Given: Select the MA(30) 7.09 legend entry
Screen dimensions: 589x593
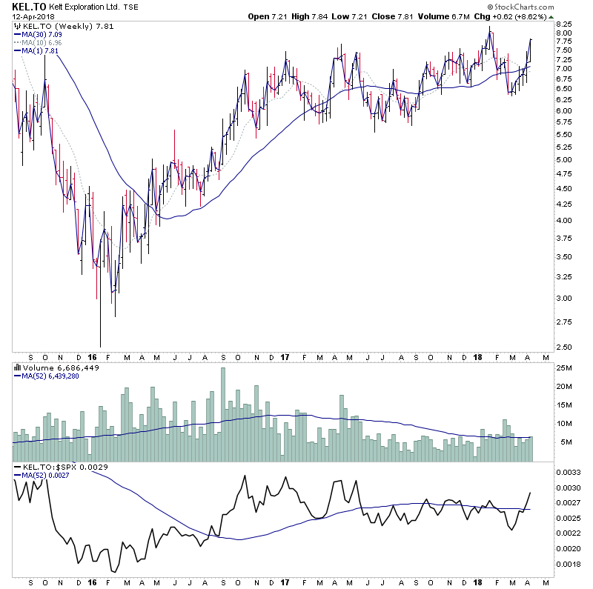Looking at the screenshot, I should [44, 33].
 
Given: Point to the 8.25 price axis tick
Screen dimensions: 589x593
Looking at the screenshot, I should [566, 23].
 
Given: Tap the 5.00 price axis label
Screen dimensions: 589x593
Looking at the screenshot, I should [566, 160].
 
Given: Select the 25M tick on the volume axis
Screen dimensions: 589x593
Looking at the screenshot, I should [566, 368].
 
